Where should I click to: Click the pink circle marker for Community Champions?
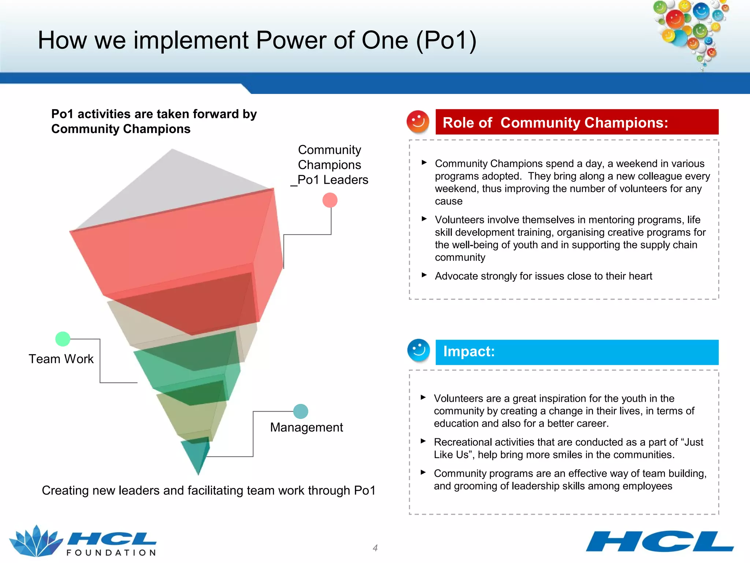pos(330,200)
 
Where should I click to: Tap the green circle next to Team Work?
pos(63,339)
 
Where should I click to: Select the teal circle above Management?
pos(301,411)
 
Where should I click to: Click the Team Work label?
pos(61,359)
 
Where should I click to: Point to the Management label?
pos(307,427)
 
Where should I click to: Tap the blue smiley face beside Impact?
pos(418,350)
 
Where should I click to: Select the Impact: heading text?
pos(469,352)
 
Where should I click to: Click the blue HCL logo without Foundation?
pos(660,541)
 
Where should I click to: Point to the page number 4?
pos(375,548)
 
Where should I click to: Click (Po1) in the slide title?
pos(446,40)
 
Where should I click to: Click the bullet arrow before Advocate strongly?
pos(424,275)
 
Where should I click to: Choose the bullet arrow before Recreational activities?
pos(423,441)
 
